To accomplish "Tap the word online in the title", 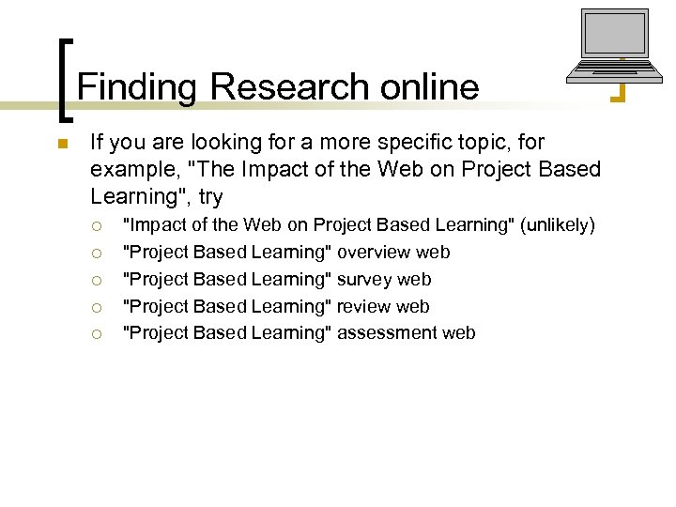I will (430, 87).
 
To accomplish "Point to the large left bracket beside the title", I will (65, 80).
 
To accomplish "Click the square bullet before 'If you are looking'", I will (62, 144).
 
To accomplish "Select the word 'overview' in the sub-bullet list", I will (375, 253).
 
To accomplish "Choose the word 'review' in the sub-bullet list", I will (364, 307).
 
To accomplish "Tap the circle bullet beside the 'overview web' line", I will (97, 253).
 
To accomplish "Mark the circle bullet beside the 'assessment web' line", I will (97, 333).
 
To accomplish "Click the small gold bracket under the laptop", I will (618, 92).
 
